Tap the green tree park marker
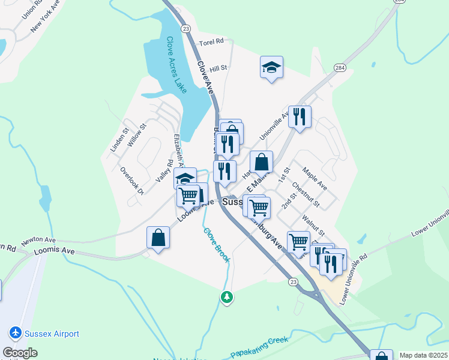click(226, 297)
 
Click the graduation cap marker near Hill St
click(271, 67)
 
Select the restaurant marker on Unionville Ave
click(300, 116)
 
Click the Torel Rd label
click(211, 42)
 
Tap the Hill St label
click(218, 69)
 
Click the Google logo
click(20, 353)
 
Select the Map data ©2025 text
click(424, 355)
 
